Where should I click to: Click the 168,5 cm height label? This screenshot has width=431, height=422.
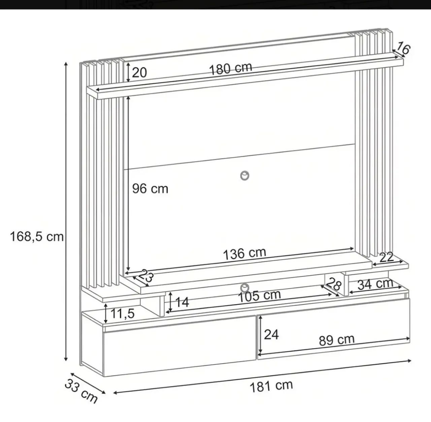37,237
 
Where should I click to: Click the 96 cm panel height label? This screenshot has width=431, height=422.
150,189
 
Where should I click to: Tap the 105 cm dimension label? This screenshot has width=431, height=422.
259,296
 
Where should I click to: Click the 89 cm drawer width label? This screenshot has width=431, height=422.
337,340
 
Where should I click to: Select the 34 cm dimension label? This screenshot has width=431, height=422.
375,284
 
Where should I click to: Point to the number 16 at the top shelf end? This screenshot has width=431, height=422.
403,48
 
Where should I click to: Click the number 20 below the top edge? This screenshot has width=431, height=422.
139,72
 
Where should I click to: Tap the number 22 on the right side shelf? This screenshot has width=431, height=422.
387,257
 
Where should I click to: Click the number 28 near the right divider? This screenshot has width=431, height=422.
334,284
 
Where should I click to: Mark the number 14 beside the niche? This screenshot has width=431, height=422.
182,302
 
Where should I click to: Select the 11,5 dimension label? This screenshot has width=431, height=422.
122,313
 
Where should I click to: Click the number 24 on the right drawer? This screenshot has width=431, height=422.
271,334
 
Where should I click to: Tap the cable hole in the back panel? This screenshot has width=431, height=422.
244,176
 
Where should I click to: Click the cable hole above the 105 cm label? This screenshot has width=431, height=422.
244,288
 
